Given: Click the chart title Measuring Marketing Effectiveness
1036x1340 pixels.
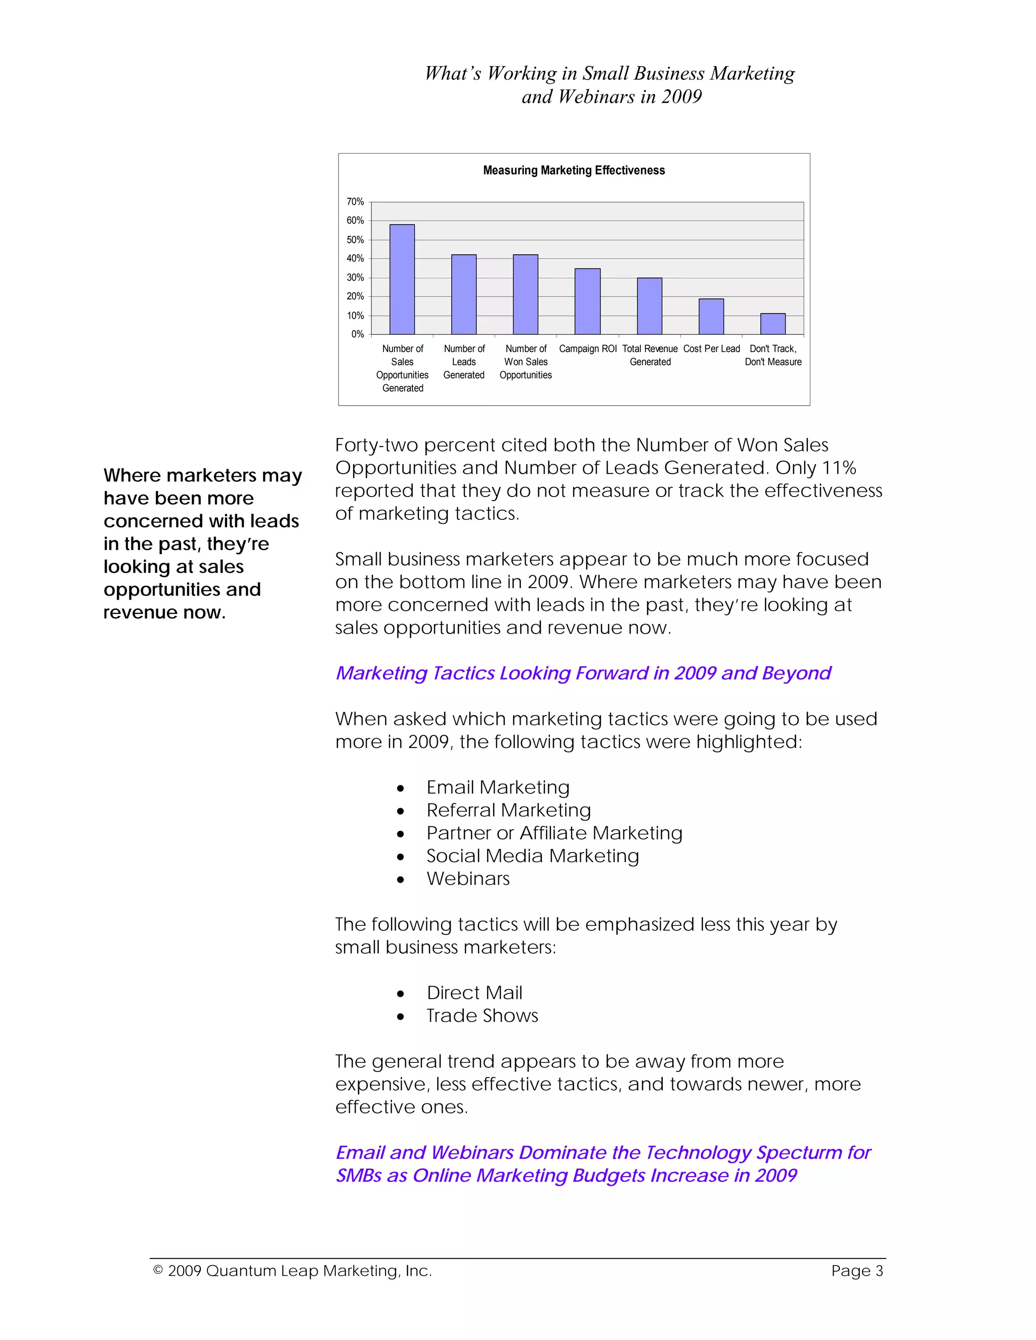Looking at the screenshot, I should click(573, 170).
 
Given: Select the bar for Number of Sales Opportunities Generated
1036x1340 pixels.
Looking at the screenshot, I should click(402, 279).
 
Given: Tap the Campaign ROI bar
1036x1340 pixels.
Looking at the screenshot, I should click(587, 301).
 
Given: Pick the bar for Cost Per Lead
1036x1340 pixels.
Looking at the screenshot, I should click(711, 317).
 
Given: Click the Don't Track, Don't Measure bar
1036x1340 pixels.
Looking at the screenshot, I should click(773, 324).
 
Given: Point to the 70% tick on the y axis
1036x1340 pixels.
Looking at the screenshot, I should click(355, 202).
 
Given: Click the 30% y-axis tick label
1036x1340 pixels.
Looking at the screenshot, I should click(355, 277).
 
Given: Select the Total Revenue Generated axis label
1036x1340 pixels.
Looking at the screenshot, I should click(650, 355).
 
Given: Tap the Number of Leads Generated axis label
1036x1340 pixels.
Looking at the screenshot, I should click(464, 362).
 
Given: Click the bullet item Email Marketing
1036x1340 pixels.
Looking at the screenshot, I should click(498, 787).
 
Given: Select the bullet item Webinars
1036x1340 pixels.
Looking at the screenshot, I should click(468, 879).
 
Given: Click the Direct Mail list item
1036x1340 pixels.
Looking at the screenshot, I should click(474, 993).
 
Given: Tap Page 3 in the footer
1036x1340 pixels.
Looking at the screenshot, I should click(857, 1271).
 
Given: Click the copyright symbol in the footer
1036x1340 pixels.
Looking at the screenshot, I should click(158, 1270).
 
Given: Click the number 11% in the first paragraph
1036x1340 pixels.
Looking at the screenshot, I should click(839, 468).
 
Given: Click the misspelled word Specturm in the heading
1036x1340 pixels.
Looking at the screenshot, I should click(797, 1152).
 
